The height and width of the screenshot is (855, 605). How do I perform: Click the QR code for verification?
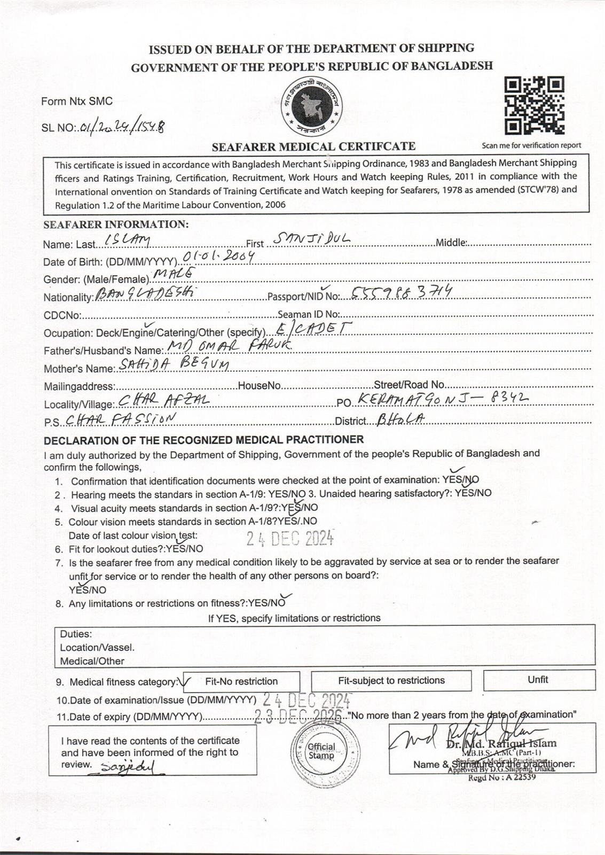(535, 106)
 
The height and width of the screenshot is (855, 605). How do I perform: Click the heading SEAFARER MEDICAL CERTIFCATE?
(313, 146)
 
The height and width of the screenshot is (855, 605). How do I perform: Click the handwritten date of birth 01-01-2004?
(217, 257)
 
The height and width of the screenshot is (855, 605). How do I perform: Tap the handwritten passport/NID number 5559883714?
(401, 291)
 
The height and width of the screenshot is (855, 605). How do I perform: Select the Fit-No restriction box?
(241, 681)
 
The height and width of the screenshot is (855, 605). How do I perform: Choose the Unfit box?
(539, 680)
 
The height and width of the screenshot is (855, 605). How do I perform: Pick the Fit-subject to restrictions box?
(391, 681)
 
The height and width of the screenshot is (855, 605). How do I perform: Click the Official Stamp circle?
(321, 751)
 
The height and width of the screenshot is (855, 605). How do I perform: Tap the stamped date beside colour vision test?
(290, 538)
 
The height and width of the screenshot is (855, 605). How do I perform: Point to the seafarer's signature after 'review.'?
(128, 767)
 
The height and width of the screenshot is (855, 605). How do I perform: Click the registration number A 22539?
(501, 778)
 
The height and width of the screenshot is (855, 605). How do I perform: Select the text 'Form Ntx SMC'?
(77, 101)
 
